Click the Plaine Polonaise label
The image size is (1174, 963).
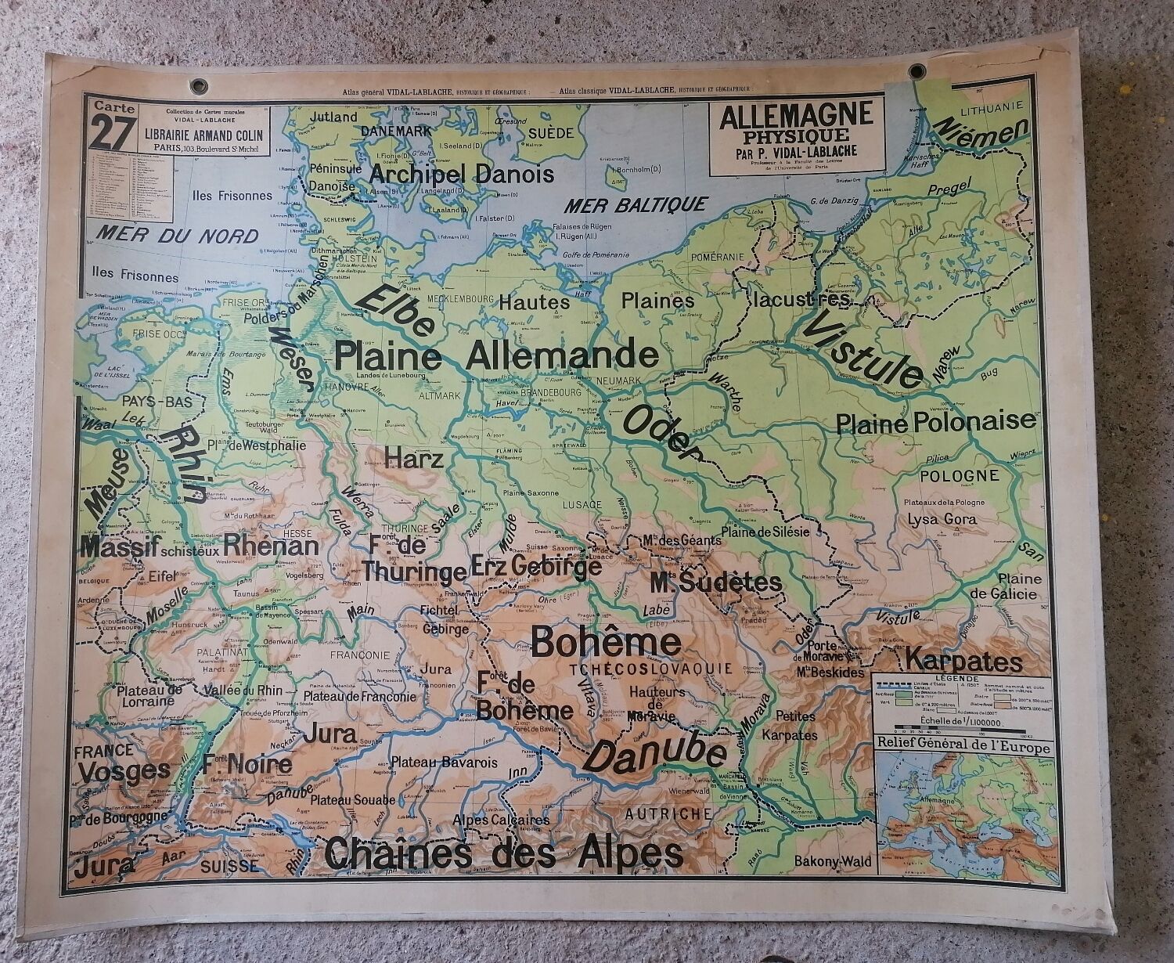click(935, 422)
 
